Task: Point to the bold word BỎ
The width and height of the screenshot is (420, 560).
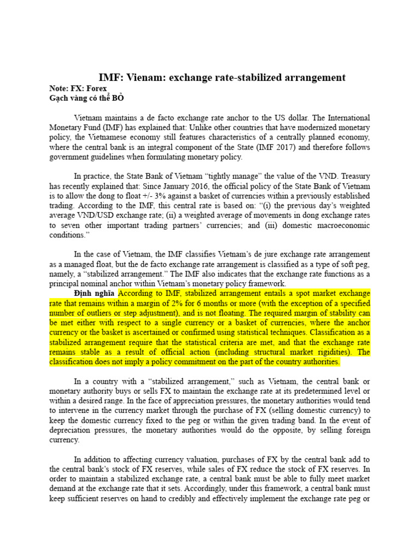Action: (x=119, y=98)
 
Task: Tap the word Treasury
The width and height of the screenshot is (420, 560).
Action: (x=352, y=176)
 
